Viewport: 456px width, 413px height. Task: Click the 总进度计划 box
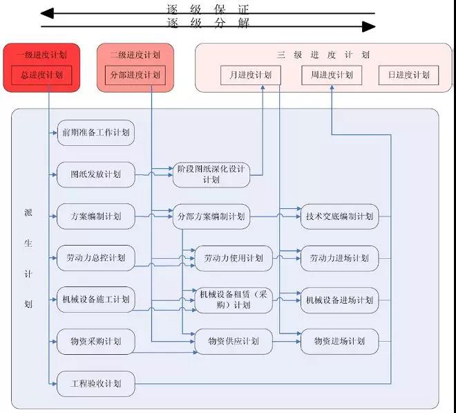[41, 75]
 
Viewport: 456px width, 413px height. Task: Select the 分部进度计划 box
[135, 75]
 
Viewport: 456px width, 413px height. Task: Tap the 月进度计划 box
[250, 75]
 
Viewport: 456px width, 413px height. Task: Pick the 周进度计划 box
[332, 75]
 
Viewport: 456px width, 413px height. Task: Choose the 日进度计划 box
[408, 75]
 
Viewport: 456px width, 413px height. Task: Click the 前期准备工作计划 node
[95, 132]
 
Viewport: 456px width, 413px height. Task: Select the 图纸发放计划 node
[95, 174]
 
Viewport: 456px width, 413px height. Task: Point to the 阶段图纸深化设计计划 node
[211, 174]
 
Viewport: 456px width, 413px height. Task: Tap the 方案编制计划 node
[95, 217]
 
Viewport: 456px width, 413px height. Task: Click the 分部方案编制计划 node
[211, 217]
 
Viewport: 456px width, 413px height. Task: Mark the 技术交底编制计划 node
[339, 217]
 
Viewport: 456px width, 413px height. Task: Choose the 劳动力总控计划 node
[95, 258]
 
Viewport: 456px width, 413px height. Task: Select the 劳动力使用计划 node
[234, 258]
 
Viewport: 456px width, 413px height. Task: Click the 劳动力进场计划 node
[339, 258]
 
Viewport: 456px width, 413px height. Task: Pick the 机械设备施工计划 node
[95, 300]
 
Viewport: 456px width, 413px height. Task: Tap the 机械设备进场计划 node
[339, 300]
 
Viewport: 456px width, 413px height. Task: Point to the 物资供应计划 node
[234, 341]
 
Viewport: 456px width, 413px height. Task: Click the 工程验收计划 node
[95, 383]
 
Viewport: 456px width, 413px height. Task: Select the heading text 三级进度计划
[323, 55]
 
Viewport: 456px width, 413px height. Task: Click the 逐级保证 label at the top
[208, 10]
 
